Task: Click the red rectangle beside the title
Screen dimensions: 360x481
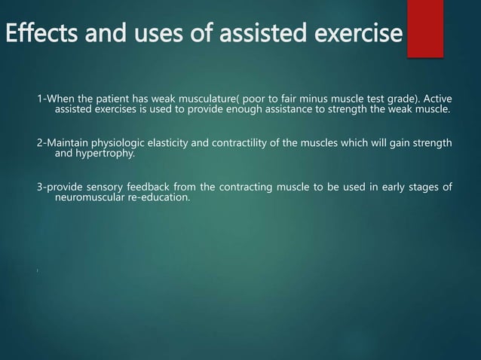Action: pos(424,28)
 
